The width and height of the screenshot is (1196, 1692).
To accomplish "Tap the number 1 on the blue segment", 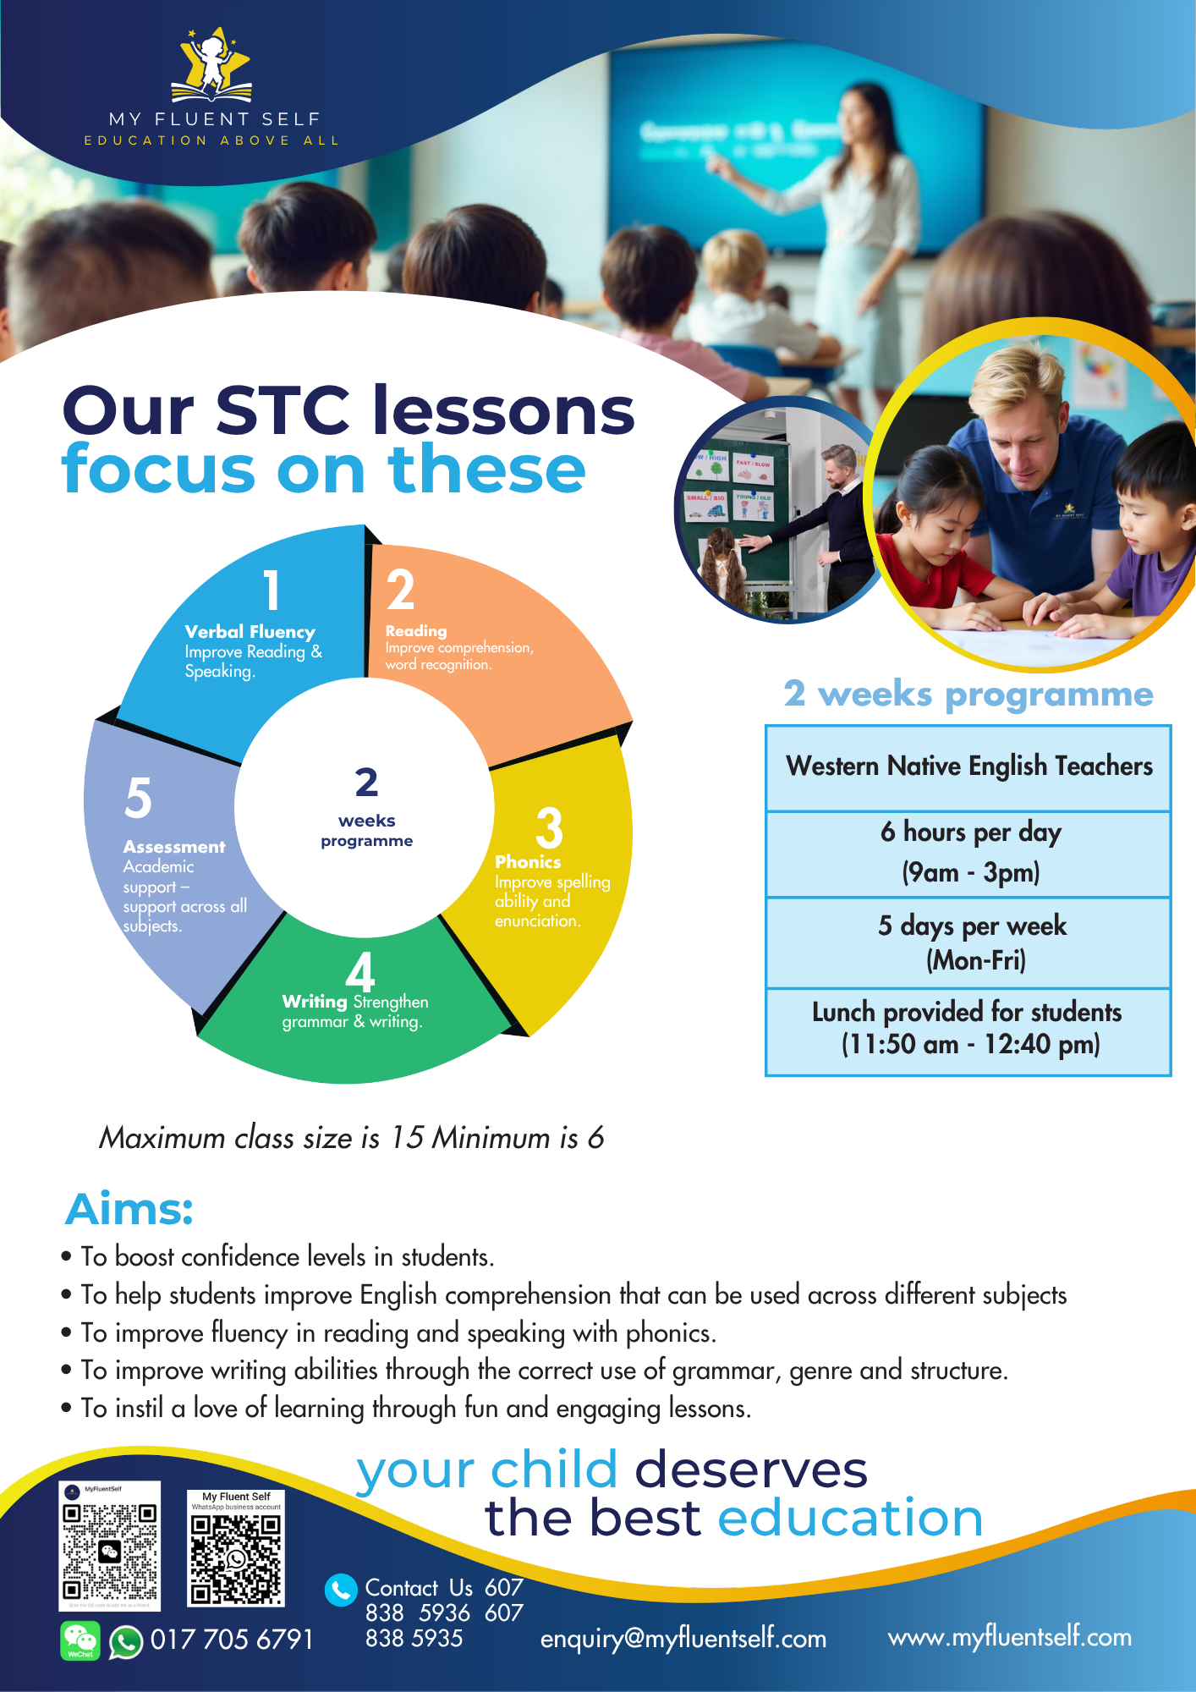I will pos(272,590).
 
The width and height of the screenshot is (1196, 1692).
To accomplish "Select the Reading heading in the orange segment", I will pos(415,631).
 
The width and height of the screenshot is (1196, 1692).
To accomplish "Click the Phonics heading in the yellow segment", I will pos(528,862).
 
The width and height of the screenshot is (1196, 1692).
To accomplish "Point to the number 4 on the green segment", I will pos(360,972).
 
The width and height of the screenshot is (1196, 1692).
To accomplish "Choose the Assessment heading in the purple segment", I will pos(174,847).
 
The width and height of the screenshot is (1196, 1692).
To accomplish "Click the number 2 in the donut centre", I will pos(366,783).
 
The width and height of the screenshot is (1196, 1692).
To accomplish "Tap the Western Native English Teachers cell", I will pos(968,766).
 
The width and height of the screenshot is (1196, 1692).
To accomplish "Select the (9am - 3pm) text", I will pos(970,872).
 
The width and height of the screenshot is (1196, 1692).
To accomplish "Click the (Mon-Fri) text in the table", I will pos(975,960).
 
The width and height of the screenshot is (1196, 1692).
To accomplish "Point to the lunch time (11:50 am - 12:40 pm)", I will pos(970,1045).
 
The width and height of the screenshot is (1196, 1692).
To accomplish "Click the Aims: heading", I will pos(129,1209).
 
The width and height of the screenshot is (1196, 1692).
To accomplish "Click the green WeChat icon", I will pos(80,1640).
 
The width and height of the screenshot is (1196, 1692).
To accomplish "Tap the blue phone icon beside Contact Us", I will pos(341,1590).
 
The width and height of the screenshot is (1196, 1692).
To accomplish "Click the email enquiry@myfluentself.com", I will pos(683,1639).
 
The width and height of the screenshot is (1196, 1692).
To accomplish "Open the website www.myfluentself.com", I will pos(1009,1637).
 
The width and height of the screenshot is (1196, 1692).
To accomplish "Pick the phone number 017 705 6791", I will pos(231,1640).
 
